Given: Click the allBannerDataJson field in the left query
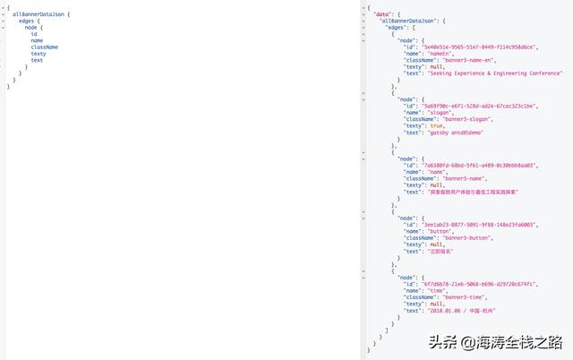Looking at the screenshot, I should coord(38,14).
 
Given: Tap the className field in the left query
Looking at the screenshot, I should coord(44,47).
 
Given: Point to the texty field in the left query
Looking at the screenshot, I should coord(38,54).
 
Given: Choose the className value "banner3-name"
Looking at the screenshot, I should coord(458,178).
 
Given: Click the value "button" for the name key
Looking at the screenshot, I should coord(440,231).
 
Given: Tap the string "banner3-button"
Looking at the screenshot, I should coord(462,237).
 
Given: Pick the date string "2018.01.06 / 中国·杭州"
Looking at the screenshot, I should coord(462,310).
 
